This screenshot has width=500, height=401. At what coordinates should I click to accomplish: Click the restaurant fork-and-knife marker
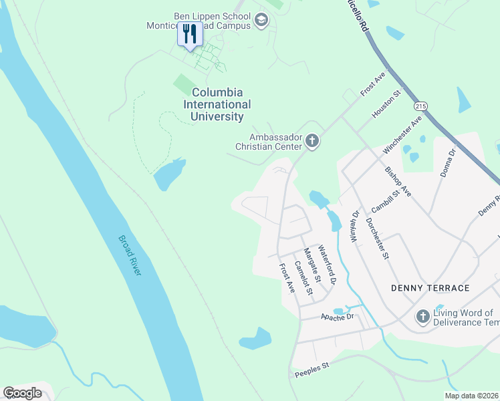click(x=190, y=33)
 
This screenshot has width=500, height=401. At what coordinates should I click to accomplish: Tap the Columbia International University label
click(x=217, y=104)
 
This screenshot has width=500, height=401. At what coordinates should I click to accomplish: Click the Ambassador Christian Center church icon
click(x=312, y=141)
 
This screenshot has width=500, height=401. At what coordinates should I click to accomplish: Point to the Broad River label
click(x=130, y=255)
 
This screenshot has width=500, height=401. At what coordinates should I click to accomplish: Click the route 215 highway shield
click(x=420, y=106)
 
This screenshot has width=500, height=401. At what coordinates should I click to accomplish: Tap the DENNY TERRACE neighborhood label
click(x=430, y=288)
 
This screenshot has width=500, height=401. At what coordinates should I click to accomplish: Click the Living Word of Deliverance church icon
click(x=422, y=316)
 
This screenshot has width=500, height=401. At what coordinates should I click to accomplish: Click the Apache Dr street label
click(x=336, y=317)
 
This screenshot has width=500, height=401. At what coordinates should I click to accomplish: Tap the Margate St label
click(x=313, y=264)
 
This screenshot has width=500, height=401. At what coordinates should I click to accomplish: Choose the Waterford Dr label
click(x=328, y=263)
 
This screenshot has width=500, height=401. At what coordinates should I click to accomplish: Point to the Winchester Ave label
click(x=402, y=134)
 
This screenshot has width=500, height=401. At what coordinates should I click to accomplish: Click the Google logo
click(x=23, y=393)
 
